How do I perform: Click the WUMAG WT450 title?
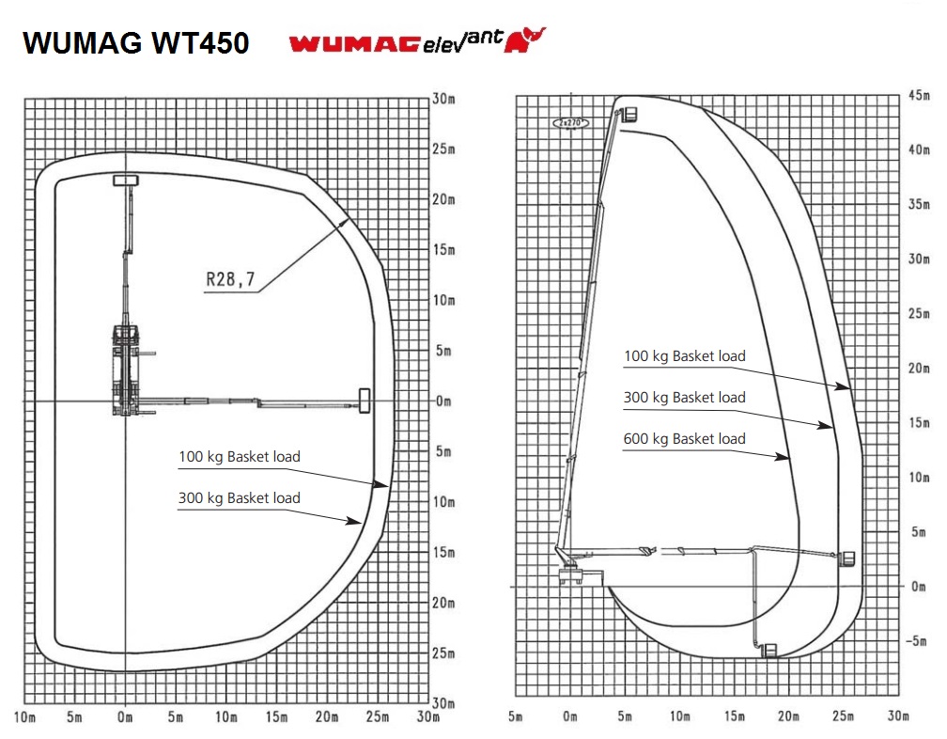[136, 43]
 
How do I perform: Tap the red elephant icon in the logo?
[524, 39]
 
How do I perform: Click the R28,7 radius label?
[231, 279]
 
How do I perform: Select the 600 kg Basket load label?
[684, 439]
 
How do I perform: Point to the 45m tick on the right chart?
[919, 96]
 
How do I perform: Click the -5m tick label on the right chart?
[916, 640]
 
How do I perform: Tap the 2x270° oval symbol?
[571, 123]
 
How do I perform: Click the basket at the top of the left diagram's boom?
[126, 181]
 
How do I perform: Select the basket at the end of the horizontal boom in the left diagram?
[365, 401]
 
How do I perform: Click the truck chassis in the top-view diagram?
[126, 369]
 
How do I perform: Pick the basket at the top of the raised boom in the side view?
[629, 114]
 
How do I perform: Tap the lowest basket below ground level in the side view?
[770, 651]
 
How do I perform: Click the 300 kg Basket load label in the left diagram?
[240, 498]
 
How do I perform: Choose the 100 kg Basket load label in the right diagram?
[684, 356]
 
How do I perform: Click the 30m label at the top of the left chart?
[443, 99]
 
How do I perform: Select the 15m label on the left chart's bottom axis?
[276, 717]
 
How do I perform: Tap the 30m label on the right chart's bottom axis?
[898, 716]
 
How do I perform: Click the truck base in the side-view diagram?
[581, 576]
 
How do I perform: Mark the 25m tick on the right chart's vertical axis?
[919, 314]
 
